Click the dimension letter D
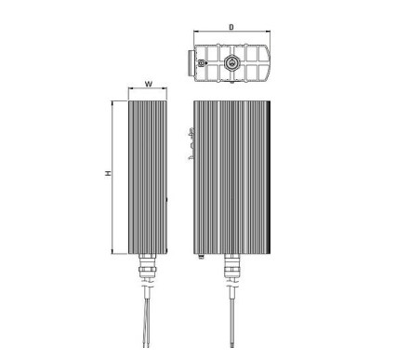pyautogui.click(x=231, y=27)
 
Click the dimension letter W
pyautogui.click(x=149, y=84)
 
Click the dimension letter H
pyautogui.click(x=108, y=174)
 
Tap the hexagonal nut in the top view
pyautogui.click(x=231, y=62)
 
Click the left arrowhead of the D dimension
pyautogui.click(x=195, y=32)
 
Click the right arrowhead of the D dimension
pyautogui.click(x=268, y=32)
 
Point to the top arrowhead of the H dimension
pyautogui.click(x=112, y=103)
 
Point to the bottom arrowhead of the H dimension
pyautogui.click(x=112, y=251)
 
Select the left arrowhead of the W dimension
pyautogui.click(x=130, y=88)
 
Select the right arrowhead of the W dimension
pyautogui.click(x=165, y=88)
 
